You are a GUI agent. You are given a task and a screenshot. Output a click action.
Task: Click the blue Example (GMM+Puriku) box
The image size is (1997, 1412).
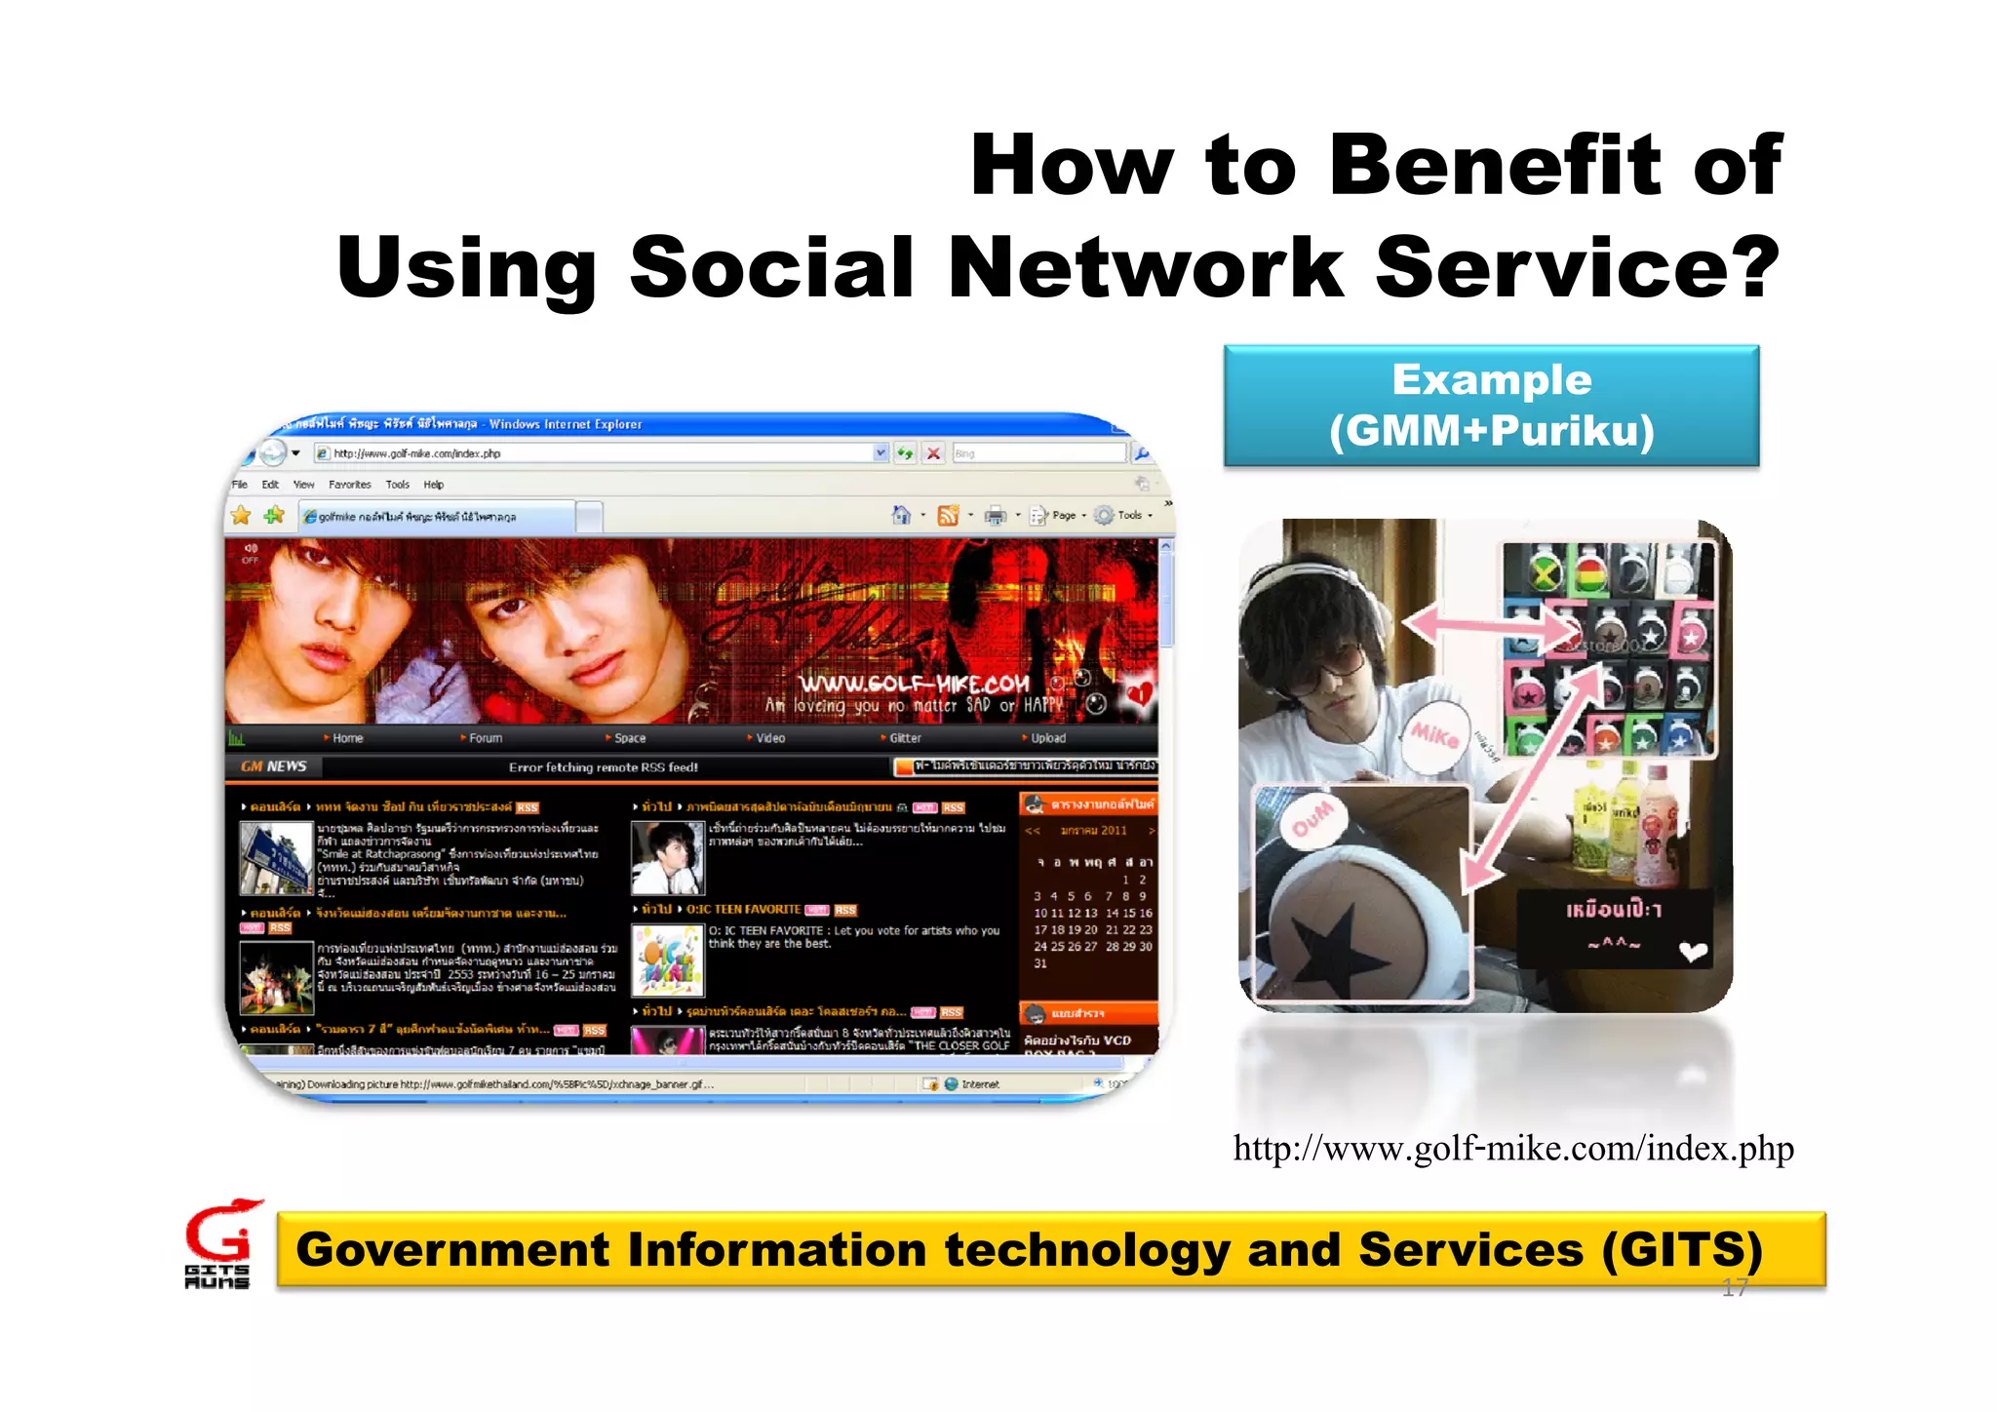pos(1491,406)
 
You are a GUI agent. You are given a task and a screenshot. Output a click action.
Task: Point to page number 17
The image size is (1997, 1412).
pos(1734,1288)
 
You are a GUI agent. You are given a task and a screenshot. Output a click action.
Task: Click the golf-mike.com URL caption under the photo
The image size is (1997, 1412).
pos(1513,1149)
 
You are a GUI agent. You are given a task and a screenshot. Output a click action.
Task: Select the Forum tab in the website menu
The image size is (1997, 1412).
pos(485,738)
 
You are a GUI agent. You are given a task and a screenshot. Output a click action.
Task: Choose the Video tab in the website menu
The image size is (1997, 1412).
pos(769,738)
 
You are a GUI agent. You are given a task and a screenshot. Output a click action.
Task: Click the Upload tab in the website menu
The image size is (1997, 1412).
pos(1047,738)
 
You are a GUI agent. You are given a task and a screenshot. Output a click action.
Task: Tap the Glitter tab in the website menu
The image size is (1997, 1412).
pos(904,738)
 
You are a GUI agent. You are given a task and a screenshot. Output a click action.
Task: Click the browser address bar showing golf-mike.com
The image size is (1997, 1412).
pos(595,453)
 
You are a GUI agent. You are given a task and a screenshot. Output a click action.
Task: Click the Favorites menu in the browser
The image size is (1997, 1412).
pos(349,485)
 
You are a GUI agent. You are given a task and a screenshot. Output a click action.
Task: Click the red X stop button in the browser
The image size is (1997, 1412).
pos(933,453)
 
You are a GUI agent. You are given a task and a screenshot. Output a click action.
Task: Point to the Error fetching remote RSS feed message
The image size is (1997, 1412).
pos(603,767)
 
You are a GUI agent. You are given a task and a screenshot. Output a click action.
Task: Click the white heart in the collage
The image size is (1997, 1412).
pos(1693,951)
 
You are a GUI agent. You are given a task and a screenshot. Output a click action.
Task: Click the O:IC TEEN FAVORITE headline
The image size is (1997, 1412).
pos(743,909)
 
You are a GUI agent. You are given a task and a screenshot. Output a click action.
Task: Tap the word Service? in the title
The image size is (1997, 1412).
pos(1578,268)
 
